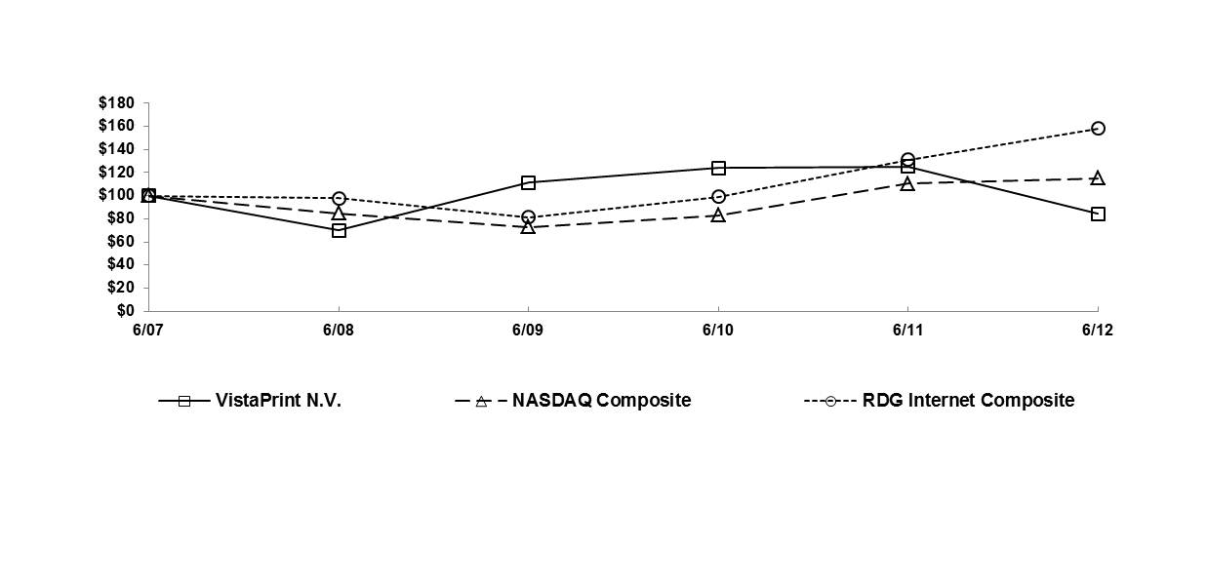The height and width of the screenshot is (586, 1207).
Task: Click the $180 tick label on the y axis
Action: tap(116, 103)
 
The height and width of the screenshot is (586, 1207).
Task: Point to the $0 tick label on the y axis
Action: tap(124, 311)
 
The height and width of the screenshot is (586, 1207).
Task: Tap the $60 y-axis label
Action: tap(120, 242)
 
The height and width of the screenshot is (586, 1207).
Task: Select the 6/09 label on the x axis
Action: tap(528, 331)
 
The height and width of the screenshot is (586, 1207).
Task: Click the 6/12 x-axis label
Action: tap(1098, 331)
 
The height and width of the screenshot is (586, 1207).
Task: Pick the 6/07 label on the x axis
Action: tap(148, 331)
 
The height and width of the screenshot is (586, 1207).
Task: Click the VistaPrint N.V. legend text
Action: tap(278, 401)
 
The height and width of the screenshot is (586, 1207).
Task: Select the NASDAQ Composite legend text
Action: tap(601, 401)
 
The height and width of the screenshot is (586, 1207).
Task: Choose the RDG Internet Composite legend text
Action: tap(968, 401)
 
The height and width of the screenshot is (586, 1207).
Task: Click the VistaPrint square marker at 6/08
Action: tap(339, 230)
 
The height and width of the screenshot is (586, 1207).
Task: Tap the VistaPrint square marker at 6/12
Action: tap(1098, 214)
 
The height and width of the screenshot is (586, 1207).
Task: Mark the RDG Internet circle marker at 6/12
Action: tap(1098, 128)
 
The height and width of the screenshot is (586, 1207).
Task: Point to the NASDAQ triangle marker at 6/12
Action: tap(1098, 178)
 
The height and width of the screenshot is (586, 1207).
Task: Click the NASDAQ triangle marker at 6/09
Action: tap(528, 227)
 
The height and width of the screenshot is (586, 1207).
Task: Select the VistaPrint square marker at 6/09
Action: tap(528, 182)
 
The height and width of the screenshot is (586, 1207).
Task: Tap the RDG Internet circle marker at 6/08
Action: tap(339, 198)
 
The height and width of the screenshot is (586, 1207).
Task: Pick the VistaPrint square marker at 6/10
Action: tap(718, 168)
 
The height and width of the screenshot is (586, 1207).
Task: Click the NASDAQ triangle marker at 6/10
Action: tap(718, 215)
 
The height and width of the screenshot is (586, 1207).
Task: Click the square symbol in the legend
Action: tap(184, 401)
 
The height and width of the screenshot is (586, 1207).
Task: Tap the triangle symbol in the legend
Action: tap(480, 401)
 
